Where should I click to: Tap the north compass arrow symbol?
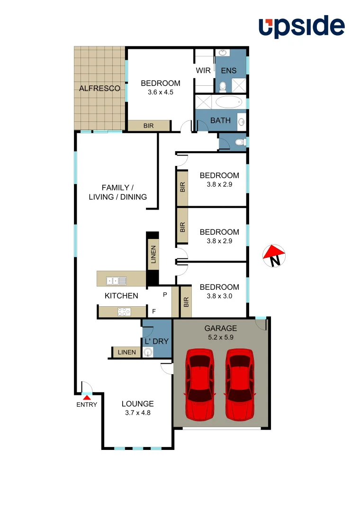coord(273,256)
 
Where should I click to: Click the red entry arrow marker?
coord(87,396)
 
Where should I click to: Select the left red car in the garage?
coord(200,384)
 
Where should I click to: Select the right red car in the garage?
coord(240,384)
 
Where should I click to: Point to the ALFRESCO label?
coord(99,88)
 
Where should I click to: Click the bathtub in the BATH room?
coord(229,102)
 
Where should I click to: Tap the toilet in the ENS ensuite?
coord(222,86)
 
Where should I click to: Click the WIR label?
coord(204,71)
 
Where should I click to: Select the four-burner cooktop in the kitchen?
coord(124,311)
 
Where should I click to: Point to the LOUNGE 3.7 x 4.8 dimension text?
coord(137,412)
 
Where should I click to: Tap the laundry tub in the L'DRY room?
coord(148,352)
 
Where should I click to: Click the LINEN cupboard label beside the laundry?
coord(127,352)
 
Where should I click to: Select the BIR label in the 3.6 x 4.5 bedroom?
coord(148,126)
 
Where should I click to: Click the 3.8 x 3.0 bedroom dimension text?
coord(219,296)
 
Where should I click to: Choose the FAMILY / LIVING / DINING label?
coord(117,192)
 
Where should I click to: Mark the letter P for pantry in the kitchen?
coord(165,294)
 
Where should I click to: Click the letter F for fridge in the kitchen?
coord(153,311)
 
